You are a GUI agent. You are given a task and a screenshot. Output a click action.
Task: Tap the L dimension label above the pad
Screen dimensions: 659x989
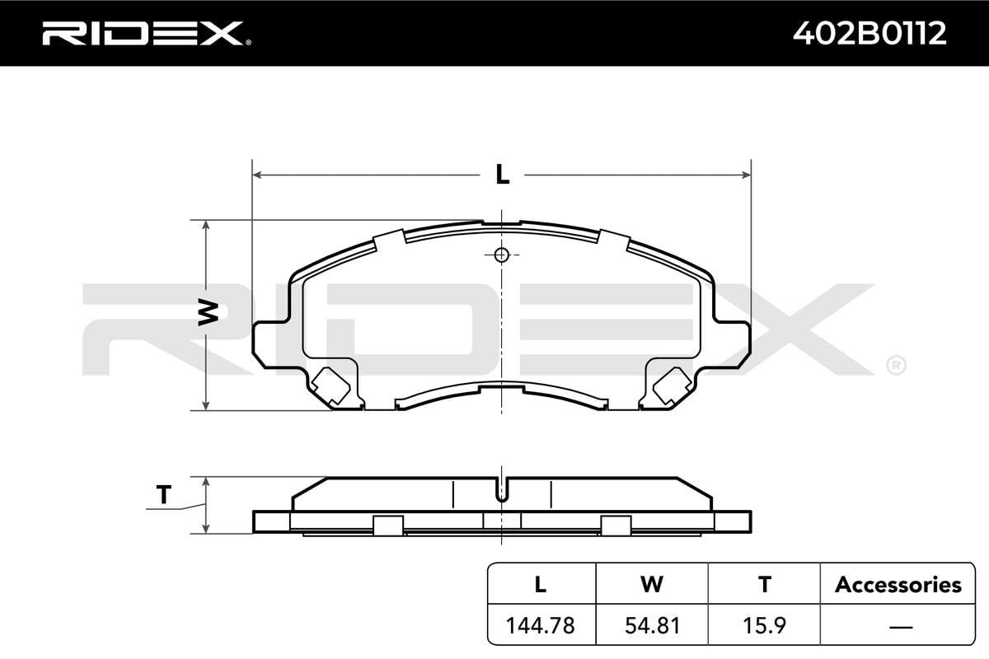coord(502,175)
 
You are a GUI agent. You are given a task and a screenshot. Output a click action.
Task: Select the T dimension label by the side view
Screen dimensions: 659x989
coord(163,495)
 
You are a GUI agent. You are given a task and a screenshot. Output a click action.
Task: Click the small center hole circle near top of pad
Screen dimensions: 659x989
coord(502,255)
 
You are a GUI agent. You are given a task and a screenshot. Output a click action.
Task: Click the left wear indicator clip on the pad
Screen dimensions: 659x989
coord(330,385)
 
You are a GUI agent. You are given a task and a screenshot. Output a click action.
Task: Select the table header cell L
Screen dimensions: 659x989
coord(541,585)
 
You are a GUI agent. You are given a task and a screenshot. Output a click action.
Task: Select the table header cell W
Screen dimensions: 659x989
coord(652,585)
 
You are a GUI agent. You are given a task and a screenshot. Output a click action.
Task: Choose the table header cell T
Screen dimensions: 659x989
coord(765,585)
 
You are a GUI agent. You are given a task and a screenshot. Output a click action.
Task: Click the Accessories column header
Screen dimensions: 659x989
coord(898,585)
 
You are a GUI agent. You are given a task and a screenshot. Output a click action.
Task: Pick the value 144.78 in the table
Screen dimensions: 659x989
coord(541,626)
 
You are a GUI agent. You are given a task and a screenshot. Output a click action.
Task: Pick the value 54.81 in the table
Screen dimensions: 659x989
coord(652,626)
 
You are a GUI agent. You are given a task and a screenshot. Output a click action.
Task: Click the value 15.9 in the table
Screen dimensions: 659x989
coord(765,626)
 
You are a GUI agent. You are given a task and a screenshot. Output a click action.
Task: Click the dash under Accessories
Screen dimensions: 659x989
coord(898,626)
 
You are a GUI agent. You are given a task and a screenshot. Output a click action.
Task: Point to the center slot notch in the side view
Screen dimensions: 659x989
coord(502,491)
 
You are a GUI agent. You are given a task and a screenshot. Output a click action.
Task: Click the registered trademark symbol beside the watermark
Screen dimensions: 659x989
coord(895,363)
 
